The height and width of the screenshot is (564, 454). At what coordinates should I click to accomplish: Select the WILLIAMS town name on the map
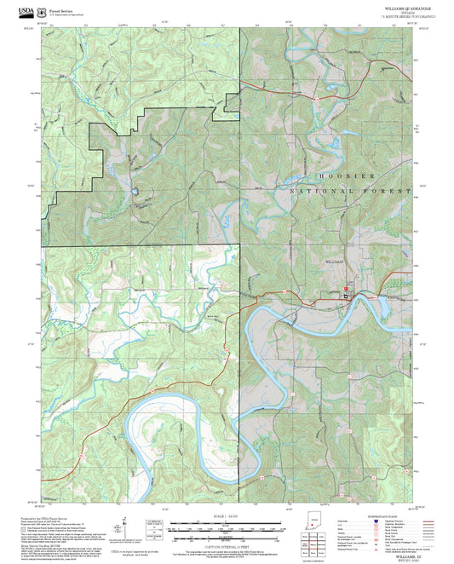tap(336, 262)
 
